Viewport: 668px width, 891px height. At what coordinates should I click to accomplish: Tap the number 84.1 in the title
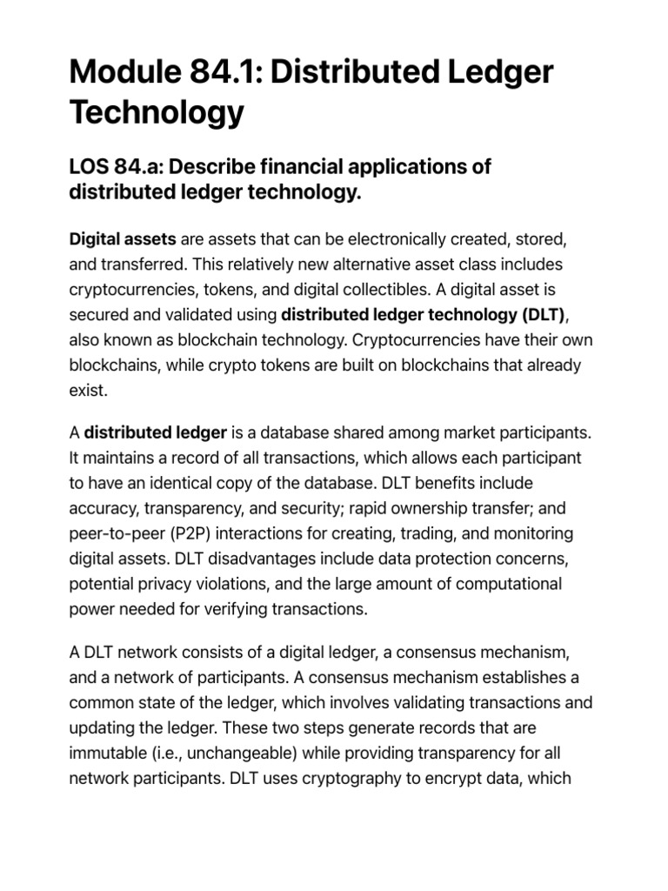point(224,71)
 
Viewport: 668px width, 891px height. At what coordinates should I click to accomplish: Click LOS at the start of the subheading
point(89,166)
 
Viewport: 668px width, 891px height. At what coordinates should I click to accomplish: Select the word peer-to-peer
point(112,533)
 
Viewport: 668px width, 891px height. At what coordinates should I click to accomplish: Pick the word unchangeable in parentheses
point(250,753)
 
